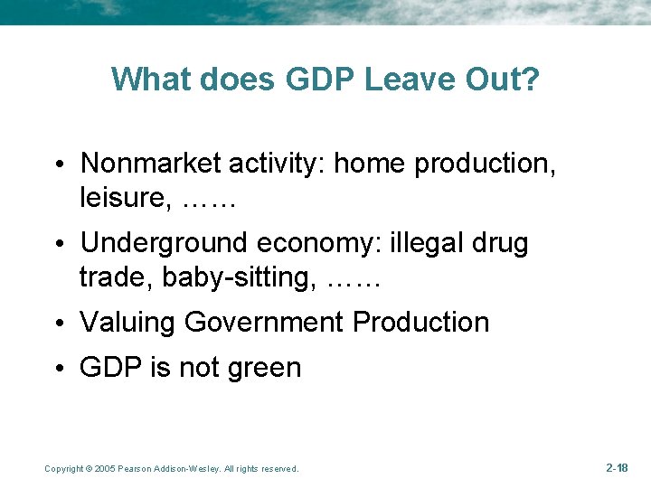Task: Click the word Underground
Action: pos(164,243)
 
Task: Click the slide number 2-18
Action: pos(617,467)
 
